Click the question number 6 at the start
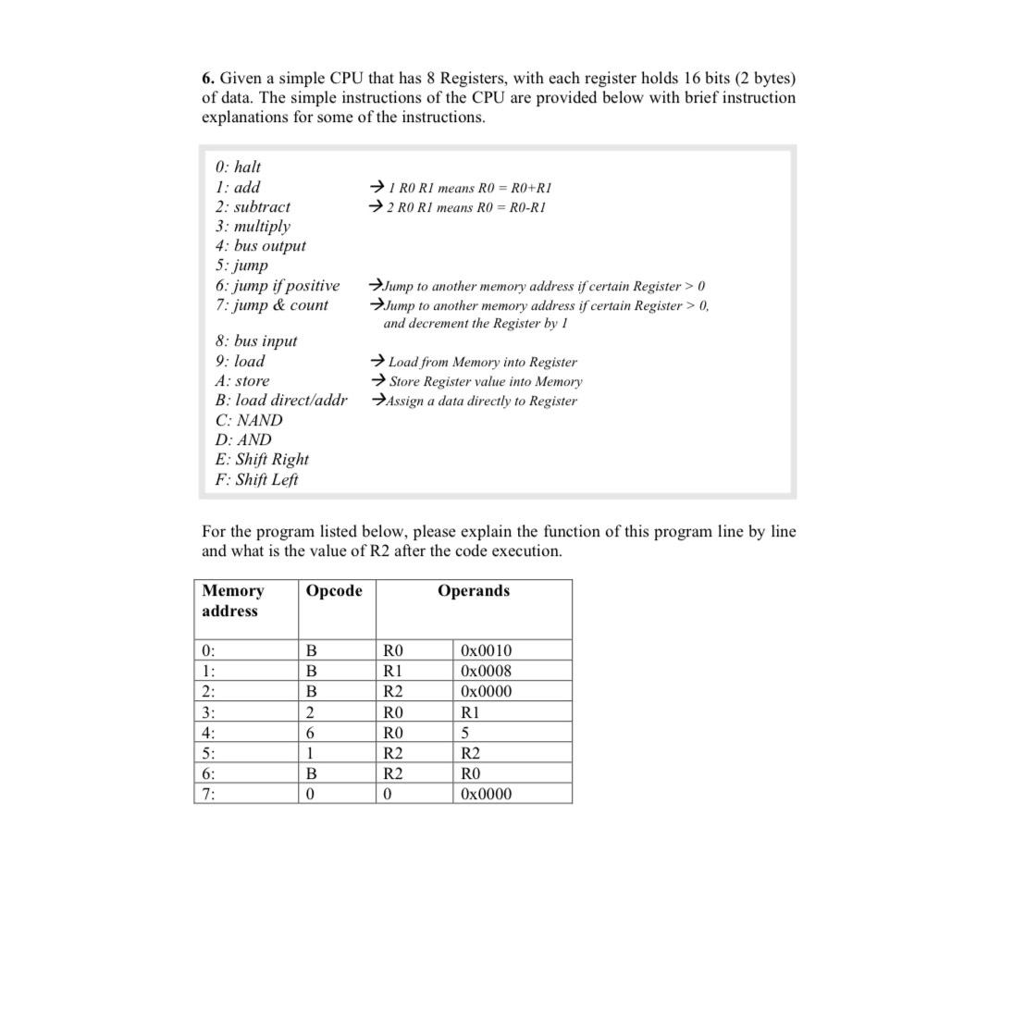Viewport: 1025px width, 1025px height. pyautogui.click(x=208, y=79)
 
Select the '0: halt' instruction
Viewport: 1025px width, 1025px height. pyautogui.click(x=238, y=167)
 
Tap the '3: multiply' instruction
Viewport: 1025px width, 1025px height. pyautogui.click(x=253, y=226)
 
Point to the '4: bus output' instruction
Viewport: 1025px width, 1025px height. pyautogui.click(x=260, y=245)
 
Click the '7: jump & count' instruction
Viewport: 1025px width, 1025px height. pyautogui.click(x=271, y=304)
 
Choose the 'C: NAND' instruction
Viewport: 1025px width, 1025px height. pyautogui.click(x=249, y=419)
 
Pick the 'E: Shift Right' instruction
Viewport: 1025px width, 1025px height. pyautogui.click(x=262, y=459)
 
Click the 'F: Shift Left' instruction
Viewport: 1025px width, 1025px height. pyautogui.click(x=256, y=479)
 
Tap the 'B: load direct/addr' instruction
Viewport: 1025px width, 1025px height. pyautogui.click(x=281, y=400)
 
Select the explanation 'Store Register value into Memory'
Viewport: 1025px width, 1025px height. pyautogui.click(x=485, y=381)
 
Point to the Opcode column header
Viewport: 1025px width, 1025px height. pyautogui.click(x=334, y=591)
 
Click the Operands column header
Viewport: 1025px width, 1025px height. pyautogui.click(x=474, y=591)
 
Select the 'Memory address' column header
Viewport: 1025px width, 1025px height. pyautogui.click(x=232, y=600)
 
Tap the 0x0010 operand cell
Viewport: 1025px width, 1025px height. pyautogui.click(x=486, y=650)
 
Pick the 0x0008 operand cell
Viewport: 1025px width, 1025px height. pyautogui.click(x=486, y=671)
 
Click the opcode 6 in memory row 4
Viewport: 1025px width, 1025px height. pyautogui.click(x=311, y=733)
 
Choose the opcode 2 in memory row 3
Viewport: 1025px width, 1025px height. pyautogui.click(x=311, y=712)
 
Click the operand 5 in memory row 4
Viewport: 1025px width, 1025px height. pyautogui.click(x=465, y=733)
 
